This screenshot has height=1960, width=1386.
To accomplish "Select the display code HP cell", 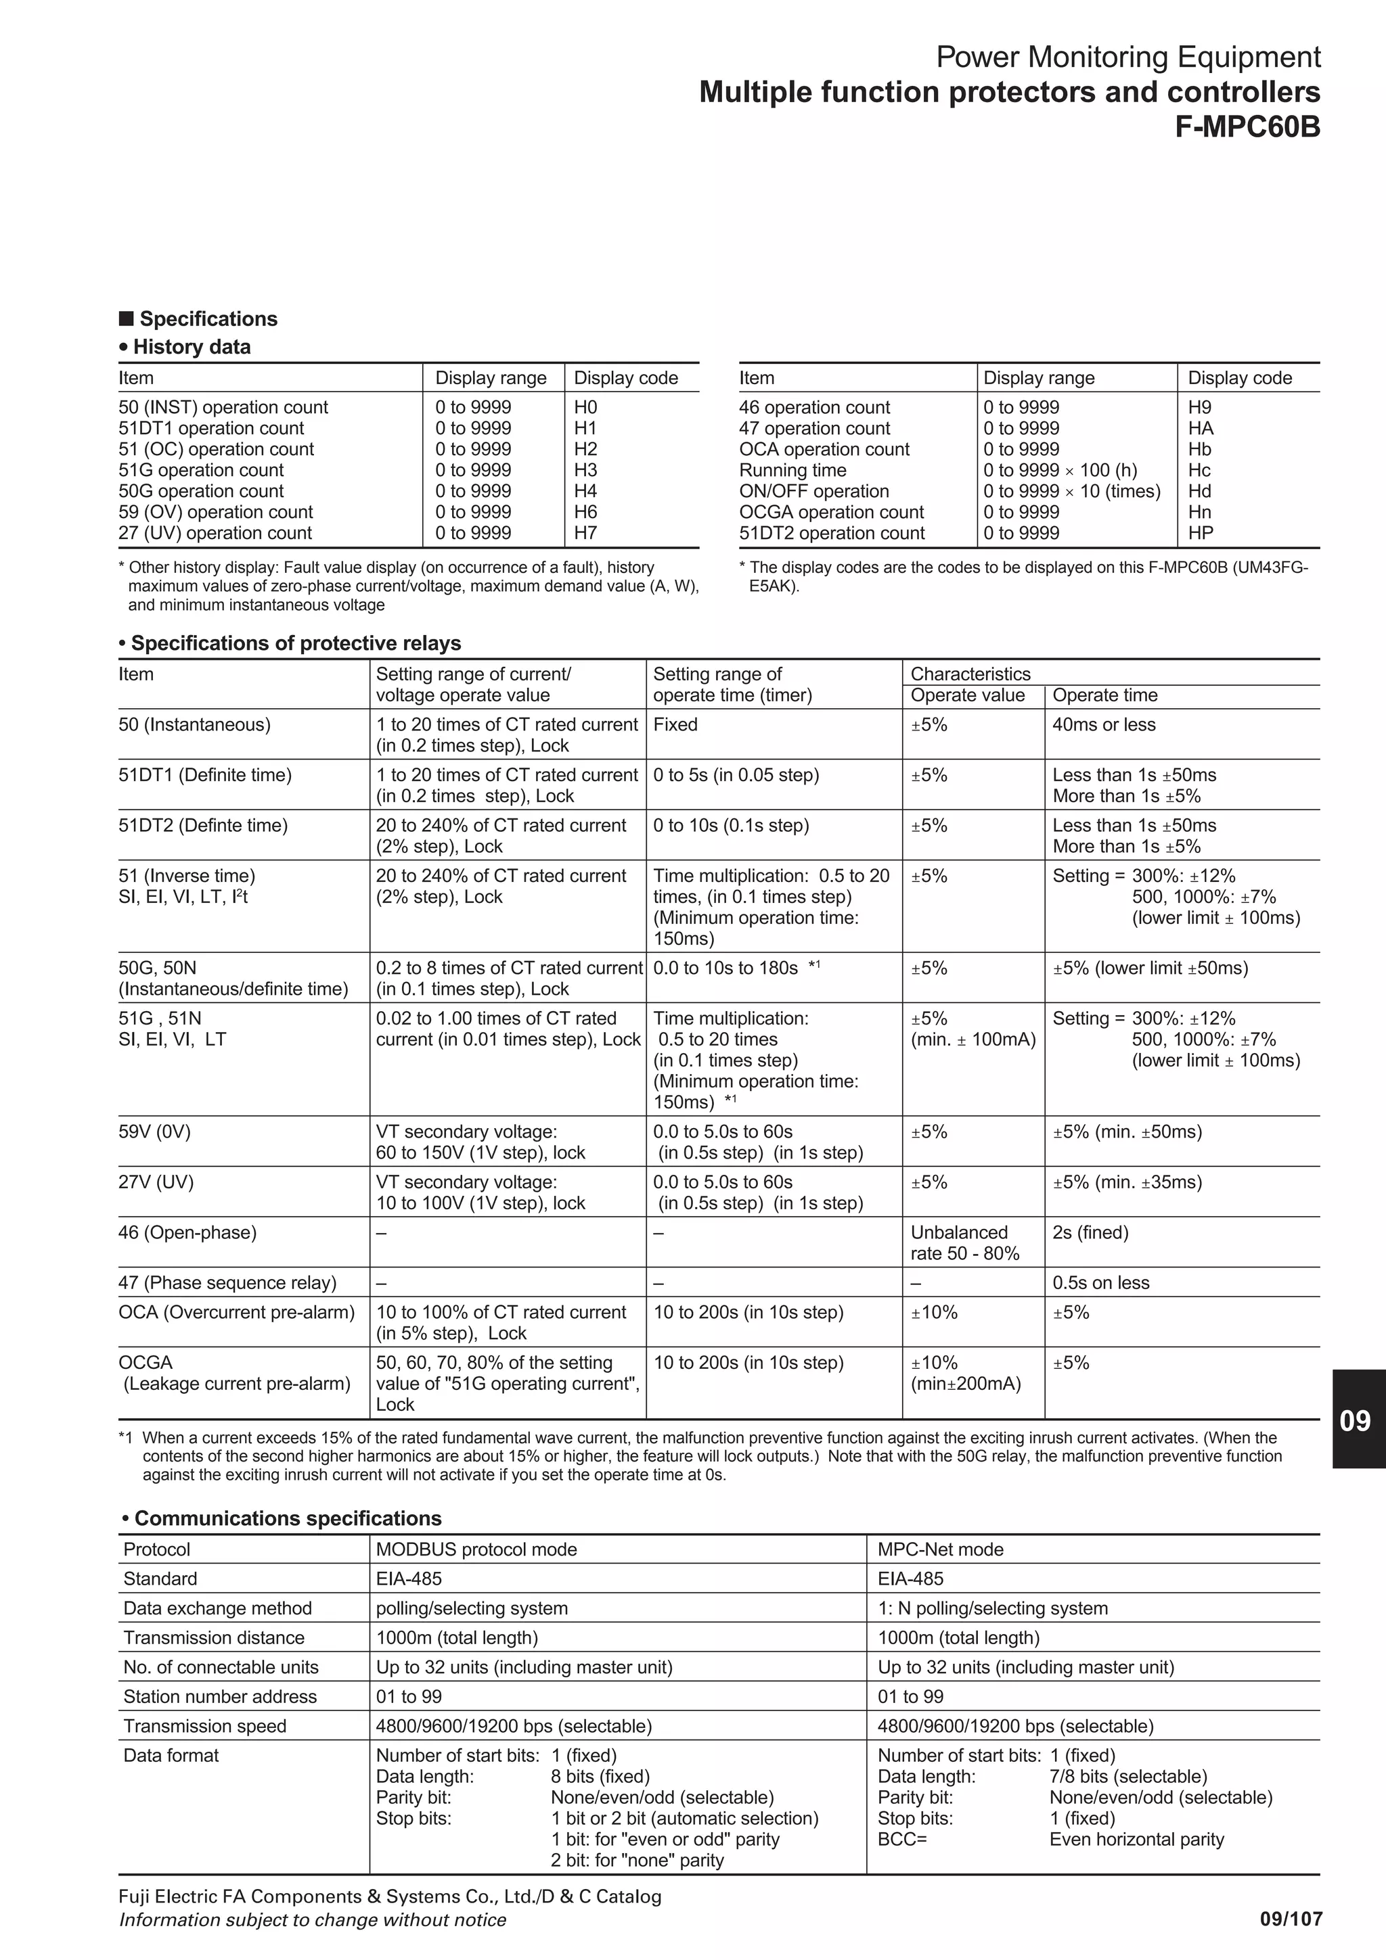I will coord(1200,533).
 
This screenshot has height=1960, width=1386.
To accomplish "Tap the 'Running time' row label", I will coord(792,470).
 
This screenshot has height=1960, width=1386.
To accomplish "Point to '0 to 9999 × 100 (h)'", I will coord(1060,470).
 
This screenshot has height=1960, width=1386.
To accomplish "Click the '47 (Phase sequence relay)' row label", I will coord(227,1282).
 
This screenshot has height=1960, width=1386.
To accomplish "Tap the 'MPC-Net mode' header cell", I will coord(940,1549).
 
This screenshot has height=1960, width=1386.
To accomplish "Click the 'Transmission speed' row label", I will coord(205,1726).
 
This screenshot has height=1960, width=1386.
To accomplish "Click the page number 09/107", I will coord(1291,1920).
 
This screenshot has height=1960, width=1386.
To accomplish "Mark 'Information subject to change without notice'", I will coord(312,1920).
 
